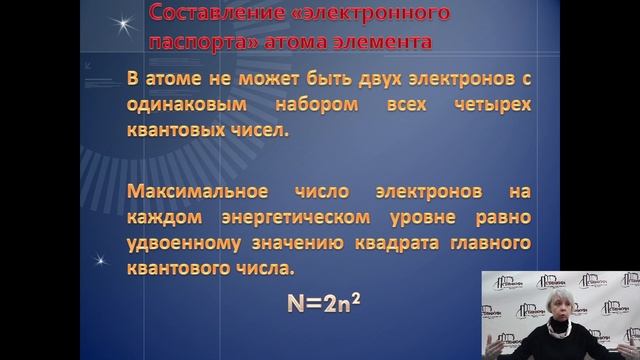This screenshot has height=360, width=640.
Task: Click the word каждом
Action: [161, 217]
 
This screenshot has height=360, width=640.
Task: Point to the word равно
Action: [507, 217]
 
